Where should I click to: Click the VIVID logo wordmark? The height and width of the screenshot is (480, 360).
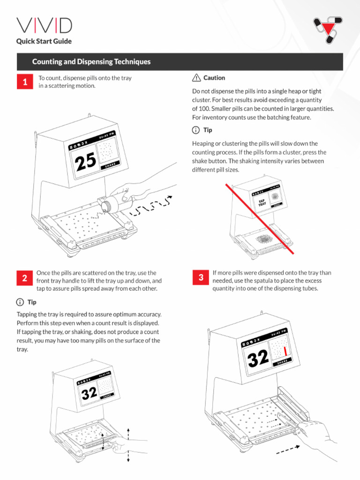(x=44, y=26)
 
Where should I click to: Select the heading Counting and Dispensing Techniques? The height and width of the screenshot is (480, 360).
(x=91, y=62)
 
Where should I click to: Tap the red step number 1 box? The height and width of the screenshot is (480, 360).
(x=25, y=82)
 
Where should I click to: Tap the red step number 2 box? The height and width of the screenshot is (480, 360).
(x=24, y=278)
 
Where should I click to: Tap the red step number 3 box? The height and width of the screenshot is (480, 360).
(x=201, y=277)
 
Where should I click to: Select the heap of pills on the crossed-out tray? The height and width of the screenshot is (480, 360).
(x=265, y=239)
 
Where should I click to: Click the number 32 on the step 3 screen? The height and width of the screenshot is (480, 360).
(x=258, y=359)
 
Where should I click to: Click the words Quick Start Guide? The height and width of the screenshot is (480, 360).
(x=44, y=41)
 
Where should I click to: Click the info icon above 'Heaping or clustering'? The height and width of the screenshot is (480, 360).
(x=196, y=130)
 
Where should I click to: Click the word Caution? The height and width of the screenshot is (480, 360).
(x=214, y=78)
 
